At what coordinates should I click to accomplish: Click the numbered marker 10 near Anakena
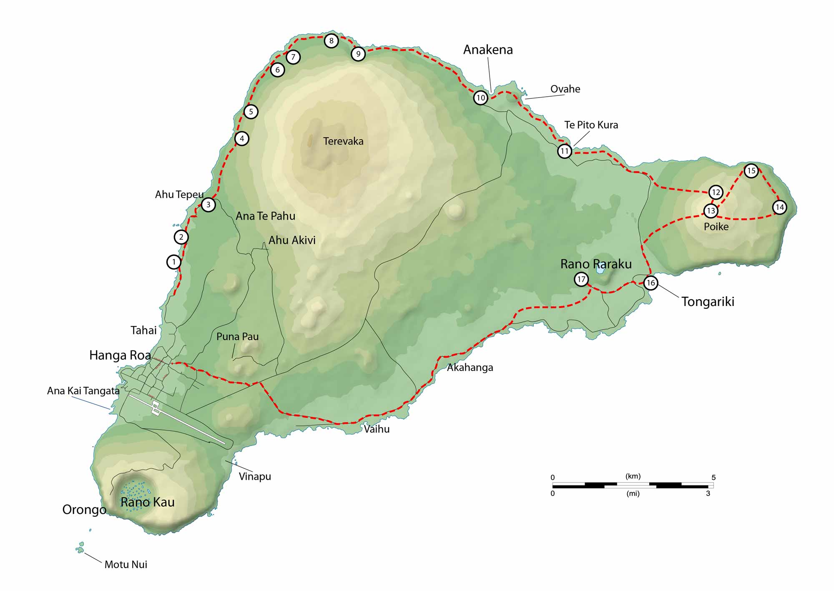[480, 98]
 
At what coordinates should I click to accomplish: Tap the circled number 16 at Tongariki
[651, 283]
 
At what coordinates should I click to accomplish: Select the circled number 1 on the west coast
[174, 262]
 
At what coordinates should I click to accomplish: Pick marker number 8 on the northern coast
[331, 41]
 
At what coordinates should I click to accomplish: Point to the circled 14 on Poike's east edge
[779, 207]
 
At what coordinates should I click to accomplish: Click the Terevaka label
[343, 141]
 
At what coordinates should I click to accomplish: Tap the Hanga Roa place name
[120, 355]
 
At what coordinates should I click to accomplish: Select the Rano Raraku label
[595, 264]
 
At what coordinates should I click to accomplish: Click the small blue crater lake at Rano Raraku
[600, 270]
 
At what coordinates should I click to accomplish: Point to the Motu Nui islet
[80, 548]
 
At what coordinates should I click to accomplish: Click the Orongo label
[84, 510]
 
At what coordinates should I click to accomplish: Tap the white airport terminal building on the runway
[156, 408]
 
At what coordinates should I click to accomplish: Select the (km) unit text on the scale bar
[633, 476]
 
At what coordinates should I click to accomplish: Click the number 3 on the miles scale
[708, 493]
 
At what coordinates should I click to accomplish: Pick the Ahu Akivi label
[291, 240]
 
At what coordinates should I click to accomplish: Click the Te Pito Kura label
[591, 125]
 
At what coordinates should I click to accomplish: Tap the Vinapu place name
[255, 476]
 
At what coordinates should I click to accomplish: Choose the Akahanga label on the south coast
[470, 368]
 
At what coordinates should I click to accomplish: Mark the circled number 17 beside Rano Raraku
[581, 279]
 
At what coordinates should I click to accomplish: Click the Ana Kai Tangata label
[83, 391]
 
